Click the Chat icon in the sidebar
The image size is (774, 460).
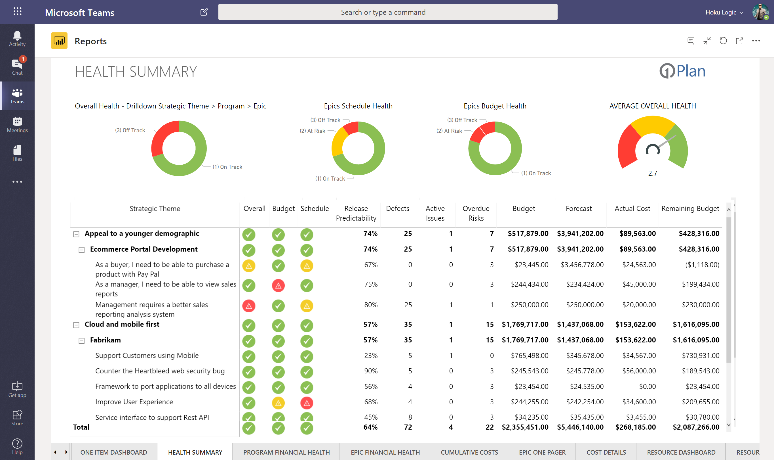click(17, 66)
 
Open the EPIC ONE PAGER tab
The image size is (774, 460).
click(542, 452)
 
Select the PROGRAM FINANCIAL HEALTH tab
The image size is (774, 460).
click(286, 452)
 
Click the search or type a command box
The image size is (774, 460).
click(388, 12)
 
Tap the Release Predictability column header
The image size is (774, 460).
click(356, 213)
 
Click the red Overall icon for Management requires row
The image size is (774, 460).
click(249, 306)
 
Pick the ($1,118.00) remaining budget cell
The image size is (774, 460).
click(702, 265)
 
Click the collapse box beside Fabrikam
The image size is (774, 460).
click(81, 341)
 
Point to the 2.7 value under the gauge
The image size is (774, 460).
click(652, 173)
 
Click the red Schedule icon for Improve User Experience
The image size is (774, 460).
click(307, 403)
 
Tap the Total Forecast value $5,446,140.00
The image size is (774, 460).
click(580, 427)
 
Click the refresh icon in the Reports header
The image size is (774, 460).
click(723, 41)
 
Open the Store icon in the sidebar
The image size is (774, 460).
click(17, 417)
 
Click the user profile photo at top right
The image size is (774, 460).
click(760, 12)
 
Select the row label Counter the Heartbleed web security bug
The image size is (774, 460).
click(160, 371)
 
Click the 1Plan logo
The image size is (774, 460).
click(682, 71)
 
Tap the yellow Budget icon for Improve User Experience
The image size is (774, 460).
click(278, 403)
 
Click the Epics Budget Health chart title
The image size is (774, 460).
click(495, 106)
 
